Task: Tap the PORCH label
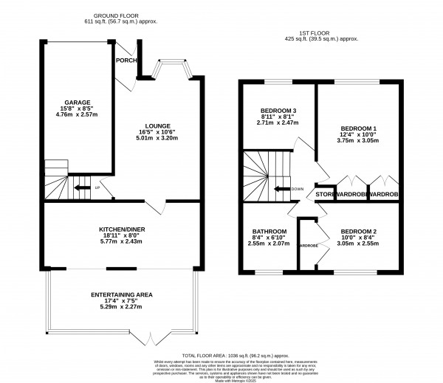pyautogui.click(x=126, y=61)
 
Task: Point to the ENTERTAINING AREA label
pyautogui.click(x=122, y=294)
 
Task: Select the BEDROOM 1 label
pyautogui.click(x=358, y=129)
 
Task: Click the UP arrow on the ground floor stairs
pyautogui.click(x=80, y=187)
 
